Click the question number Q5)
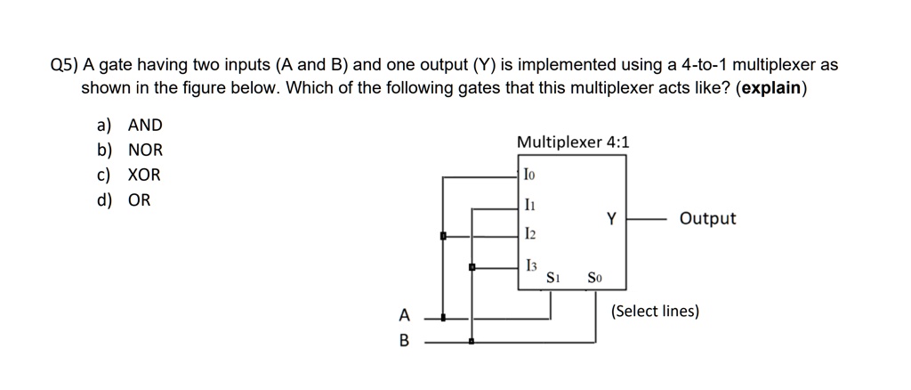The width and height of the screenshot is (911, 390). (65, 65)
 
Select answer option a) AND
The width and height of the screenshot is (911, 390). (130, 126)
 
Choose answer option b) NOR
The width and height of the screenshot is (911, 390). (130, 150)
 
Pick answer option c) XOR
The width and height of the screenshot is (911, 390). (130, 175)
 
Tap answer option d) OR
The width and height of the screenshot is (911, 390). (125, 200)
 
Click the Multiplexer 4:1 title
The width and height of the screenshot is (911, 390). (572, 142)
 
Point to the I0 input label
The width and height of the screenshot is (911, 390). (530, 176)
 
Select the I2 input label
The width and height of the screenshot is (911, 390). (530, 235)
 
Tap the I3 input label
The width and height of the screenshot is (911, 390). (531, 265)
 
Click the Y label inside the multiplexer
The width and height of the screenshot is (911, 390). (611, 217)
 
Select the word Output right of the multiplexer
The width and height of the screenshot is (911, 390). (707, 218)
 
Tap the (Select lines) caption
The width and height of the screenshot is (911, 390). (656, 312)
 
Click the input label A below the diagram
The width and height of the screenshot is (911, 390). (405, 315)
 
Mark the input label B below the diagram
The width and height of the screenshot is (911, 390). (405, 340)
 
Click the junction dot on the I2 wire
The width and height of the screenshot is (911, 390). (442, 236)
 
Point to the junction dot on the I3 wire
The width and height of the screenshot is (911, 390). (472, 266)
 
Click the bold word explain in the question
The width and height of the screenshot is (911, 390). (770, 89)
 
